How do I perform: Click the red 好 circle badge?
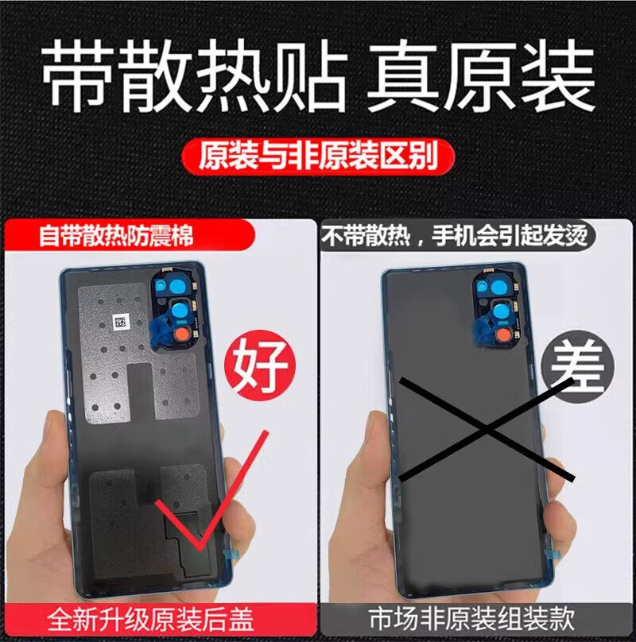point(261,365)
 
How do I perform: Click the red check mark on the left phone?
point(211,490)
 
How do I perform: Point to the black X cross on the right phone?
point(487,429)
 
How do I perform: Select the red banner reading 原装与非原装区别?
point(318,156)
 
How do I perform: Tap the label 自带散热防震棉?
point(116,237)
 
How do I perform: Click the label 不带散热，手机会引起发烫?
point(455,236)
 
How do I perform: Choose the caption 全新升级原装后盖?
point(150,619)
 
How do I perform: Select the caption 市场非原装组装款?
point(471,619)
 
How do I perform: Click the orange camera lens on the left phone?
point(184,335)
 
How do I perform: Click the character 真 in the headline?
point(402,75)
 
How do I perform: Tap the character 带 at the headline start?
point(77,75)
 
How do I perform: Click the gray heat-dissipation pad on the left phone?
point(138,352)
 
